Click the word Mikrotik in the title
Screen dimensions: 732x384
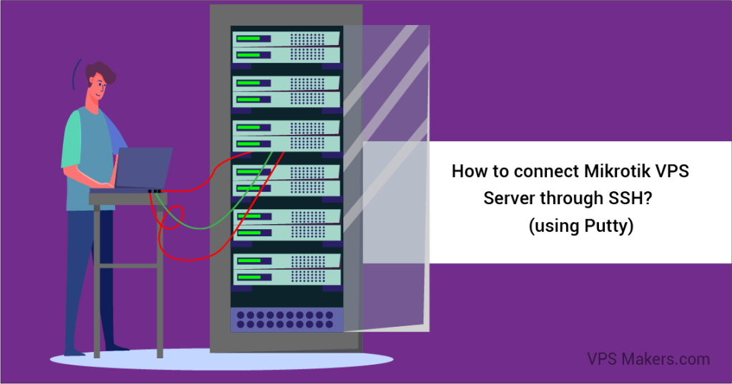tap(617, 171)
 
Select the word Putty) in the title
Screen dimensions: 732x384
tap(609, 226)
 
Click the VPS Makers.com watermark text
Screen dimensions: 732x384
tap(648, 359)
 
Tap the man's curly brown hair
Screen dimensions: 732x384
tap(100, 72)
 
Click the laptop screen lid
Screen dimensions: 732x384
tap(144, 168)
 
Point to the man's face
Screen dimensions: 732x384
tap(97, 87)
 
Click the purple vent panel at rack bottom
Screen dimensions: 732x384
tap(287, 320)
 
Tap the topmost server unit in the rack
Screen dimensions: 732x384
tap(287, 39)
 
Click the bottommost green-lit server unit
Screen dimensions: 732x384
tap(287, 277)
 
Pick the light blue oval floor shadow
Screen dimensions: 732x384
tap(222, 359)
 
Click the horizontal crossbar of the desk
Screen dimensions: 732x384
tap(129, 266)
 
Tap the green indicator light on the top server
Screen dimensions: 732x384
tap(248, 39)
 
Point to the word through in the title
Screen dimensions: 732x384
tap(572, 198)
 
